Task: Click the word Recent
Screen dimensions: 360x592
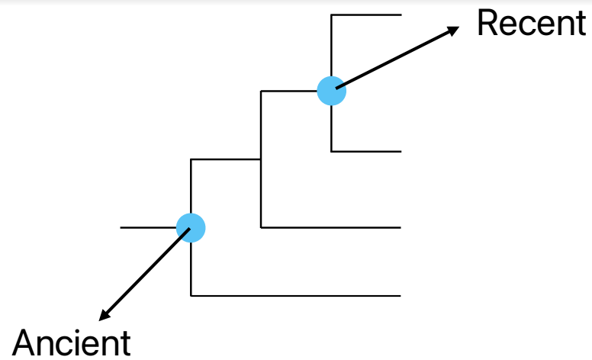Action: tap(530, 24)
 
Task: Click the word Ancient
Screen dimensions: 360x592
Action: tap(72, 343)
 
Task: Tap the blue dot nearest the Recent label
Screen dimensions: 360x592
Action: tap(331, 92)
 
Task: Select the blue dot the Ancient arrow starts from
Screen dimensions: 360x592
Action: tap(191, 227)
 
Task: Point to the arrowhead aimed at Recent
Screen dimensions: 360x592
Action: tap(454, 31)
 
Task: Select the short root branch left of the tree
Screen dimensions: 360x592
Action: tap(149, 227)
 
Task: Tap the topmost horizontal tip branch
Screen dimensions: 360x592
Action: tap(366, 14)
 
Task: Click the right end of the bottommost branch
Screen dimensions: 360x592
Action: tap(401, 295)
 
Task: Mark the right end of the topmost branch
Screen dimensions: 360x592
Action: tap(401, 14)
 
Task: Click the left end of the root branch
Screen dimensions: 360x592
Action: tap(121, 227)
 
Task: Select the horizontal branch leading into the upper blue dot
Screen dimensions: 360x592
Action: tap(294, 92)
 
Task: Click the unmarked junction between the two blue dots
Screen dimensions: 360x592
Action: tap(261, 159)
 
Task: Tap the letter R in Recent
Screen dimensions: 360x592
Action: tap(486, 24)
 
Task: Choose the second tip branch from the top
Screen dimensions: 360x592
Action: tap(366, 152)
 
